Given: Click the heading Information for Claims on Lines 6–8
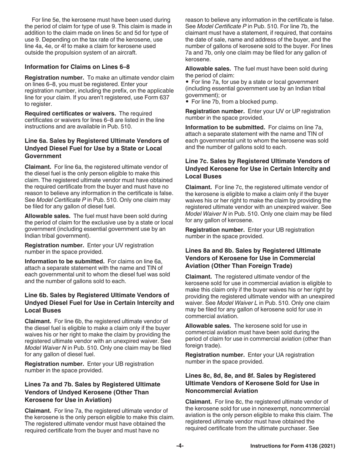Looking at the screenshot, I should tap(77, 67).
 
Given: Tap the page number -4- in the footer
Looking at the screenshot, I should tap(180, 446).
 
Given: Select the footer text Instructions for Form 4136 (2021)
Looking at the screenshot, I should tap(293, 446).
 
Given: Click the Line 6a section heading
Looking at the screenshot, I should tap(97, 148).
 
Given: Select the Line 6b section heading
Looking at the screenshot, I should tap(99, 302).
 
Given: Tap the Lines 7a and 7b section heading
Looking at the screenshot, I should tap(92, 392).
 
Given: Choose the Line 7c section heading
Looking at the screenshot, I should tap(257, 169).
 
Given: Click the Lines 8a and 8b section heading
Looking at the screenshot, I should tap(253, 258).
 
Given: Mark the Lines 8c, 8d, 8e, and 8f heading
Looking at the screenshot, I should tap(252, 383).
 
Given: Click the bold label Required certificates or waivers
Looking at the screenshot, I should tap(70, 113).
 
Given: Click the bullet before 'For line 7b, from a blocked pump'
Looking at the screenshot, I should tap(187, 102).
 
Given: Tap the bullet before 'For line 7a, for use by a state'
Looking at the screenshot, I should tap(187, 82).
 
